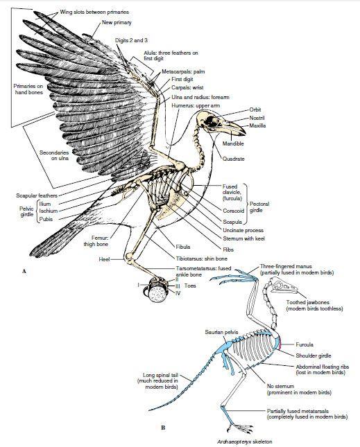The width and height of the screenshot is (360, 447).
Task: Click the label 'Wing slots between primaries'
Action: click(x=94, y=12)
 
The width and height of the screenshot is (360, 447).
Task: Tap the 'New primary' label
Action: click(x=117, y=22)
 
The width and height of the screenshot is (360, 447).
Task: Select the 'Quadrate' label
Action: click(x=233, y=159)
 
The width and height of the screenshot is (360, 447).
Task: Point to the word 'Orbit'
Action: click(x=255, y=109)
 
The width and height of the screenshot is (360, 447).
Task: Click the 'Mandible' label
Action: click(x=233, y=143)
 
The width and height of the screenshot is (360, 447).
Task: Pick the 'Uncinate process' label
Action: click(x=243, y=230)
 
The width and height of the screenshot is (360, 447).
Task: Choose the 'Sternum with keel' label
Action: click(x=243, y=238)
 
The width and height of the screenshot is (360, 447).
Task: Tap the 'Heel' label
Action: click(x=104, y=259)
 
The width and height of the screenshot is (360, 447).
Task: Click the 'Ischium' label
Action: click(x=49, y=211)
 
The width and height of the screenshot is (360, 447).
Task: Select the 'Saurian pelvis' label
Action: click(x=221, y=332)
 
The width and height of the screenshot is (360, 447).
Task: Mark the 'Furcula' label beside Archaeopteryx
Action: click(x=305, y=344)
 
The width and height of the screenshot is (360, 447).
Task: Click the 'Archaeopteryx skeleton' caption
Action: click(x=244, y=442)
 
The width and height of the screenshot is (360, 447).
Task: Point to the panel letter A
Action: click(x=24, y=271)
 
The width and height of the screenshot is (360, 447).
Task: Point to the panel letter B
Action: click(x=163, y=428)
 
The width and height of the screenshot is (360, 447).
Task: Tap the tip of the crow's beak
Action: click(x=244, y=134)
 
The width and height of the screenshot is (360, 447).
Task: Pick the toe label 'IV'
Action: click(x=178, y=292)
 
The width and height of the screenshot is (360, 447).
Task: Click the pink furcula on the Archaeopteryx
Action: click(x=280, y=344)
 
